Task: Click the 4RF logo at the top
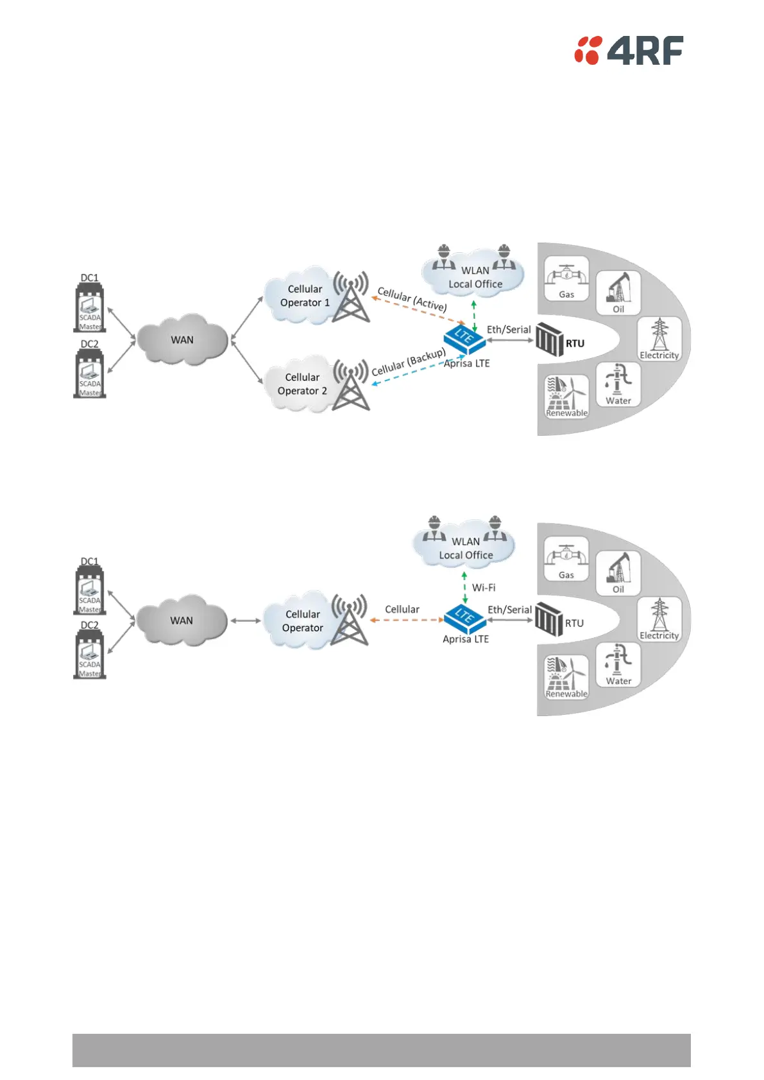[x=629, y=51]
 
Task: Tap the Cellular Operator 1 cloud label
[x=305, y=296]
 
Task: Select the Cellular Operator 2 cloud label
[x=302, y=384]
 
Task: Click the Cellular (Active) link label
[x=412, y=299]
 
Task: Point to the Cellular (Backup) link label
[x=409, y=363]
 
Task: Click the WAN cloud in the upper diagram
[x=182, y=339]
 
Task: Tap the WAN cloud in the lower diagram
[x=182, y=621]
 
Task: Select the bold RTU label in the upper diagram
[x=575, y=343]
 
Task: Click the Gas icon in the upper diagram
[x=566, y=277]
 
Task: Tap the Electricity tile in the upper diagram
[x=659, y=339]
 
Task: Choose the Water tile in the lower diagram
[x=618, y=665]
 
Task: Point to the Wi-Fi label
[x=484, y=587]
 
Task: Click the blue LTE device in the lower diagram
[x=464, y=616]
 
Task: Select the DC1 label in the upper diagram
[x=90, y=278]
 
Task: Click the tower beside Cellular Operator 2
[x=351, y=386]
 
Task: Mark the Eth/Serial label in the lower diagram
[x=509, y=610]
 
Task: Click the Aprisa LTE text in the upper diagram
[x=467, y=363]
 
